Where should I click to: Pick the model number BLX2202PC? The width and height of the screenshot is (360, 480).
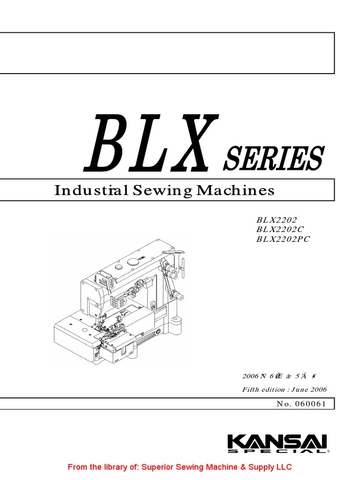tap(283, 239)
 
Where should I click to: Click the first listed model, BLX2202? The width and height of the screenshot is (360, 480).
tap(277, 219)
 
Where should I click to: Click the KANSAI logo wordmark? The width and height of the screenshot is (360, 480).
tap(277, 442)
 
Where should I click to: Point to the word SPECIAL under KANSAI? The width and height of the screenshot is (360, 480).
tap(277, 451)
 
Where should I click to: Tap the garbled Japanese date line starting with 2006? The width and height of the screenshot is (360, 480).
tap(275, 376)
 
